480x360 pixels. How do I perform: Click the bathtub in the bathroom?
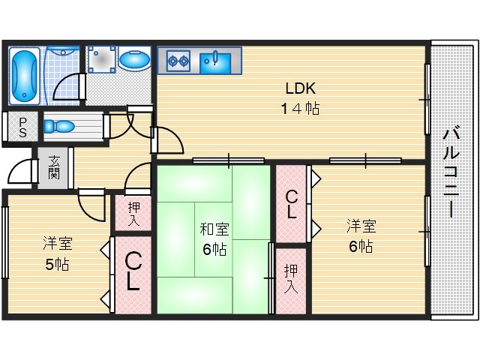click(x=25, y=75)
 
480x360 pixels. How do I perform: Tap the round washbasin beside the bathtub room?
click(x=135, y=59)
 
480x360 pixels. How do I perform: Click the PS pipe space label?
click(x=22, y=127)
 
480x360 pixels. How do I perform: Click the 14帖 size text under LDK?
click(x=300, y=109)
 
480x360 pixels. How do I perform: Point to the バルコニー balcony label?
click(x=450, y=172)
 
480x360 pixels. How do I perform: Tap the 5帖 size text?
click(x=57, y=265)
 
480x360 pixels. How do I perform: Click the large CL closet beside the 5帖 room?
click(x=133, y=271)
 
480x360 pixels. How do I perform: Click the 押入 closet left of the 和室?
click(x=133, y=213)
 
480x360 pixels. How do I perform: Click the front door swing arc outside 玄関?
click(x=20, y=174)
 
